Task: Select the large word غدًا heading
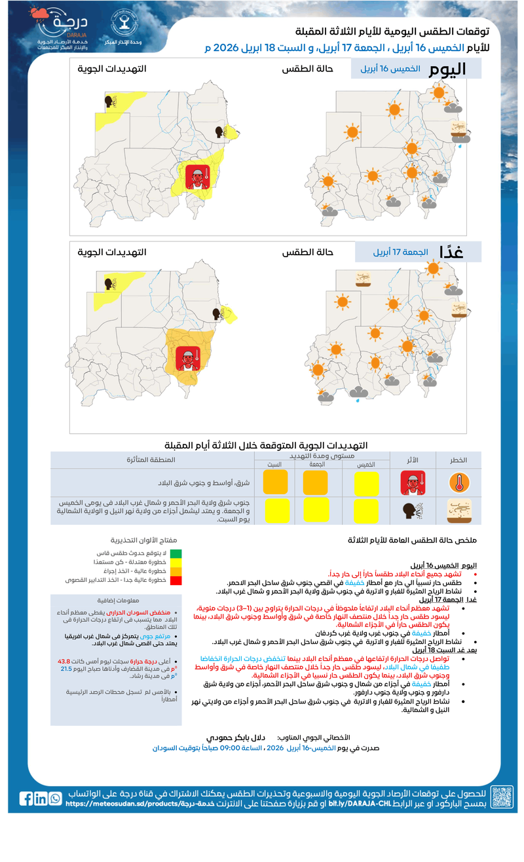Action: pyautogui.click(x=451, y=252)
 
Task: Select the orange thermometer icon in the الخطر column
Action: pyautogui.click(x=458, y=483)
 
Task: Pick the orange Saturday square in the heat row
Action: pyautogui.click(x=276, y=482)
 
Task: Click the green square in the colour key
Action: pyautogui.click(x=176, y=553)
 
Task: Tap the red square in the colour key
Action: pyautogui.click(x=176, y=580)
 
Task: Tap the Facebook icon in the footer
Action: pyautogui.click(x=26, y=799)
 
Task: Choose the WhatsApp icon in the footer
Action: pyautogui.click(x=55, y=799)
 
